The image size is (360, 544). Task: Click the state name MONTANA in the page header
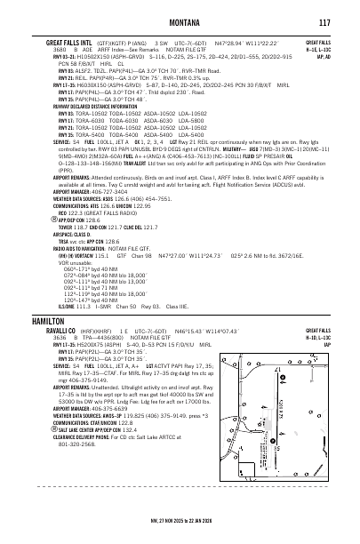click(179, 22)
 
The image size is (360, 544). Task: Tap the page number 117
click(324, 22)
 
